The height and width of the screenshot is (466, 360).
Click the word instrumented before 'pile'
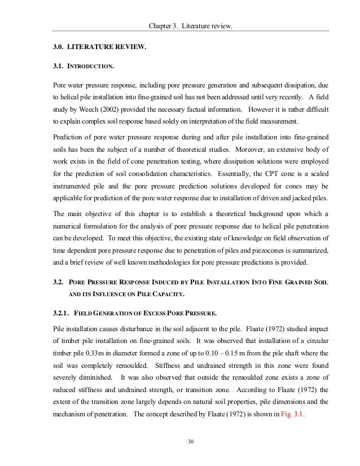click(71, 188)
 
